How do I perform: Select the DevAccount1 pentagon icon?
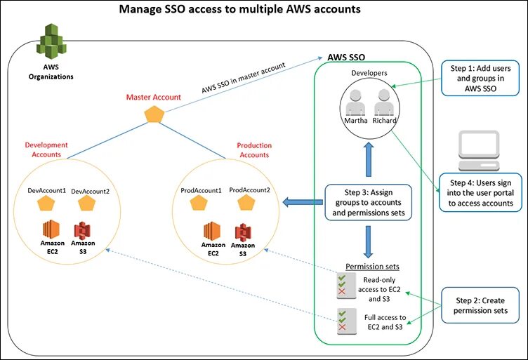click(x=46, y=204)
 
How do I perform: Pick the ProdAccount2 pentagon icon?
click(x=246, y=204)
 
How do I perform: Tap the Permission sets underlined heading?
click(x=372, y=267)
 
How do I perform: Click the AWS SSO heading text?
click(x=346, y=56)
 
